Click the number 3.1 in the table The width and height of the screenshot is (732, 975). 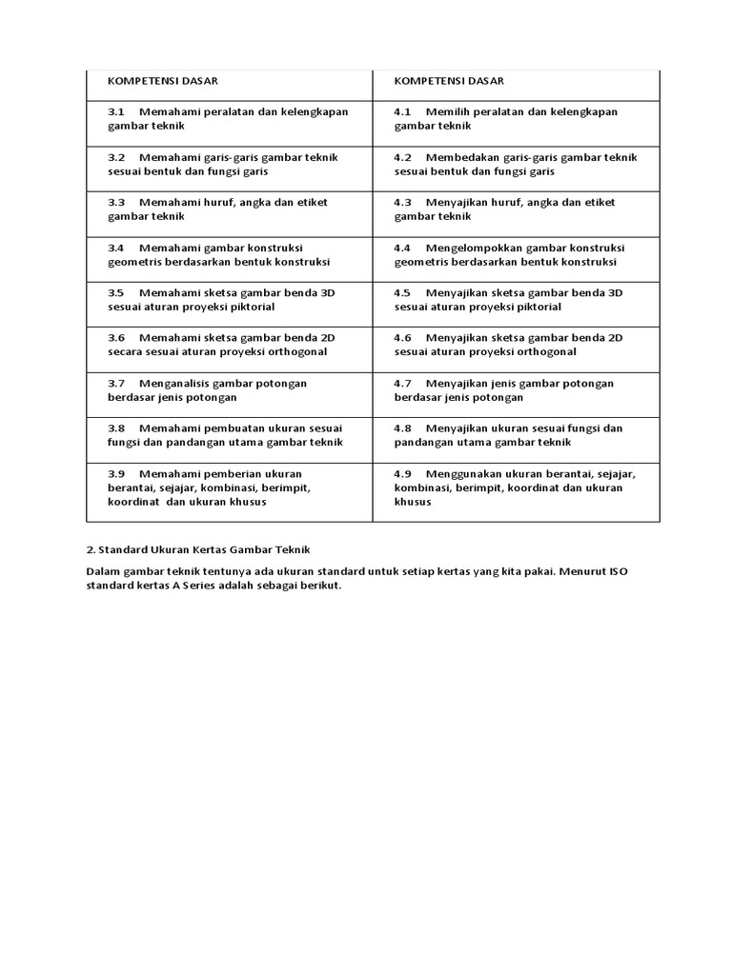pyautogui.click(x=116, y=111)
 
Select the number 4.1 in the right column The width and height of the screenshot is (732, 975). pyautogui.click(x=402, y=111)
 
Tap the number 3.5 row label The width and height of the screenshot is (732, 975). pyautogui.click(x=116, y=292)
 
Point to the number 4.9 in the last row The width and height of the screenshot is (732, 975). pyautogui.click(x=402, y=473)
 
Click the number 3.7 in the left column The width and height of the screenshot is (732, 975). pyautogui.click(x=116, y=383)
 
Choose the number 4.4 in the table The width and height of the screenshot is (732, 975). pyautogui.click(x=402, y=248)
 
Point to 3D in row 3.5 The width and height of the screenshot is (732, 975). pyautogui.click(x=329, y=292)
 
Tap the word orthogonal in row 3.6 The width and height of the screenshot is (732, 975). pyautogui.click(x=296, y=352)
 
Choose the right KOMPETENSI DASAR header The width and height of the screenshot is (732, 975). pyautogui.click(x=449, y=81)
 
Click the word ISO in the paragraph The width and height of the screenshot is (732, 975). pyautogui.click(x=619, y=571)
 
